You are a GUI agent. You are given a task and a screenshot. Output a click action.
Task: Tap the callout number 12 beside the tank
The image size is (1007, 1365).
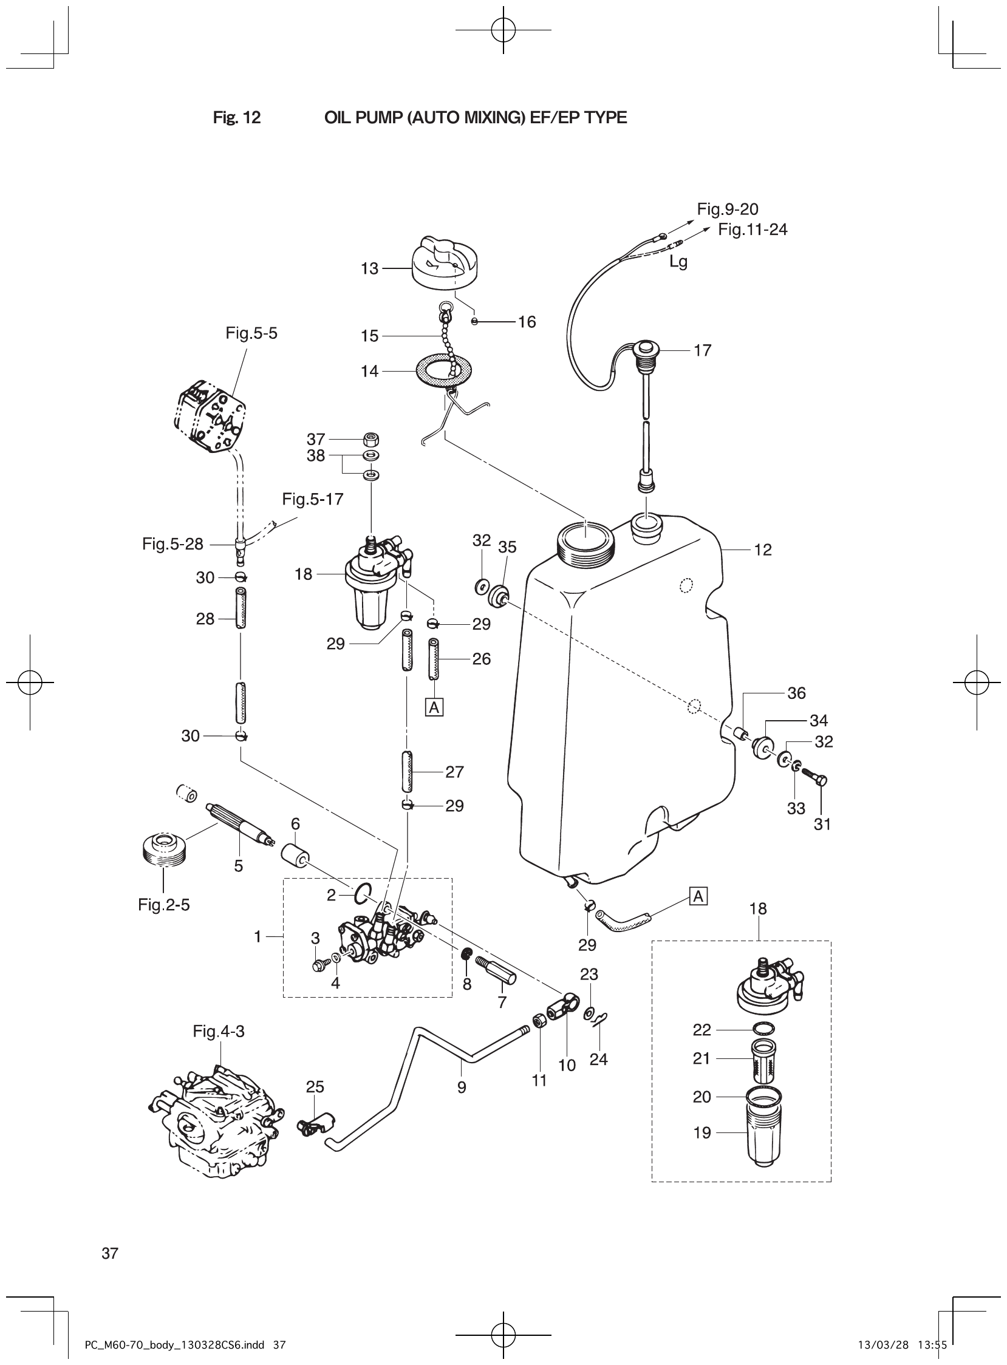763,550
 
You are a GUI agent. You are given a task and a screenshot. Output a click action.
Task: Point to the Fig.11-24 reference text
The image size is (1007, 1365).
752,230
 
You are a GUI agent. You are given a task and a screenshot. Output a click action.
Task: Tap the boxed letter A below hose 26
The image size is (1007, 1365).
434,707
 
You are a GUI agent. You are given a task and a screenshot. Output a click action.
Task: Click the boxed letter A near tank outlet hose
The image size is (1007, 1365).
698,896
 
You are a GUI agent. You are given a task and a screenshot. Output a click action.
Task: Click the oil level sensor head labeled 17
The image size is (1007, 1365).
645,352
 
